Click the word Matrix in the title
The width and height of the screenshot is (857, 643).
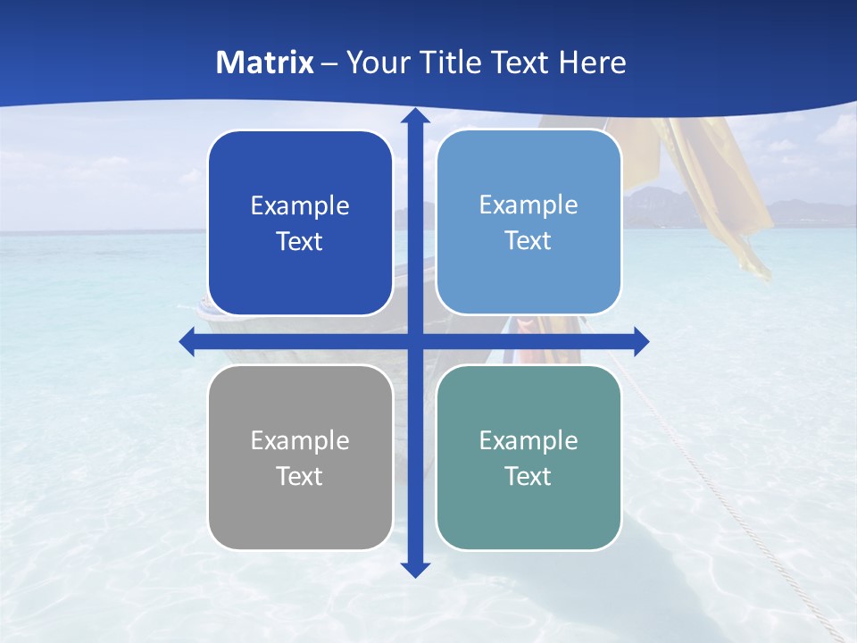265,63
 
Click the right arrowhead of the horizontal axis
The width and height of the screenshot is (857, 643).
640,341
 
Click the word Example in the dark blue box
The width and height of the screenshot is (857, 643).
300,205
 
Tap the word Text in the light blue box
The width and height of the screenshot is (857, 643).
528,241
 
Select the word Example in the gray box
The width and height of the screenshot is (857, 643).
300,440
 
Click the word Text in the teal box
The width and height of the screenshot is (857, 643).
528,476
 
